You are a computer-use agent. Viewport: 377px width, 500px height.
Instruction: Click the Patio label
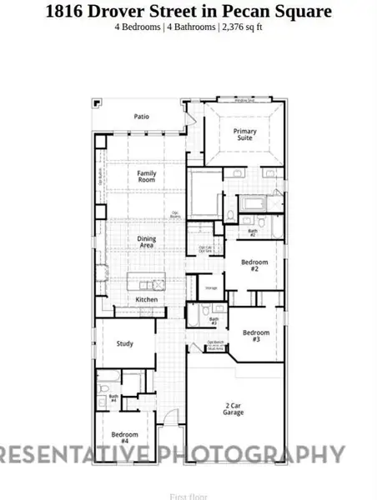pos(142,117)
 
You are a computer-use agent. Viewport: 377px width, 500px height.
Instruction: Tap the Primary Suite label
pos(244,134)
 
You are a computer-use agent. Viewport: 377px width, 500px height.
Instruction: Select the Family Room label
pos(147,177)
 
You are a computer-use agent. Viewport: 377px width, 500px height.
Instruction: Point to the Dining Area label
pos(147,242)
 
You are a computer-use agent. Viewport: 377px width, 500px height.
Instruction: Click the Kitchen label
pos(147,299)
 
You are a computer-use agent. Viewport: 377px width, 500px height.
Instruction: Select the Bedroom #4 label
pos(124,437)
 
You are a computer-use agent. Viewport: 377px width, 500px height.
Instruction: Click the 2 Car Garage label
pos(234,408)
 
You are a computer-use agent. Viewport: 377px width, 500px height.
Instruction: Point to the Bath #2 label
pos(252,232)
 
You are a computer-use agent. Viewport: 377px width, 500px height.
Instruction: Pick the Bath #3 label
pos(214,320)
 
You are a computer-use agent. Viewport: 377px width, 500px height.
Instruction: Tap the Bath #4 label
pos(113,399)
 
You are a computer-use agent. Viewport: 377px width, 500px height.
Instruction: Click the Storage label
pos(212,289)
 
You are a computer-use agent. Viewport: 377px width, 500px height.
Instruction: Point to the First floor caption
pos(188,497)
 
